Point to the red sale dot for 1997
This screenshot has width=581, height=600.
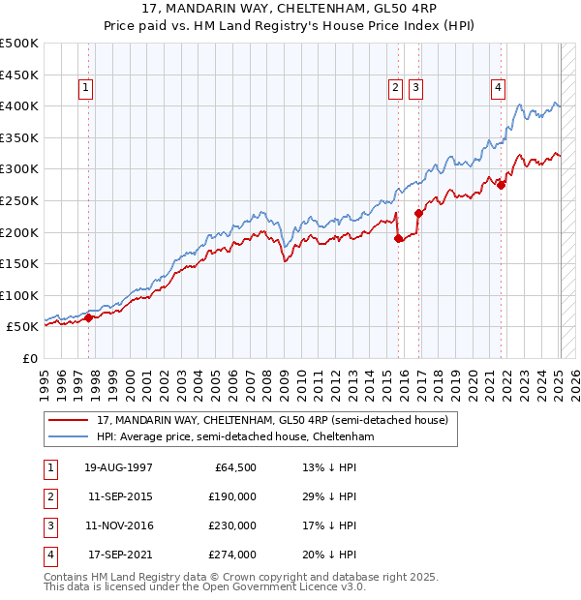[88, 317]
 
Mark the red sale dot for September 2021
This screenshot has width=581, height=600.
[502, 185]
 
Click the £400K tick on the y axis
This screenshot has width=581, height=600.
[19, 105]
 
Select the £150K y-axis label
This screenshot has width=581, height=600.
[19, 263]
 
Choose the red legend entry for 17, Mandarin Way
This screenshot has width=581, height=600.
[272, 421]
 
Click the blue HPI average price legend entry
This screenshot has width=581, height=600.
[234, 437]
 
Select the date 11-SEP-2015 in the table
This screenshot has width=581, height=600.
[120, 496]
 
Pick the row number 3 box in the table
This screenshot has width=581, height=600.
[48, 525]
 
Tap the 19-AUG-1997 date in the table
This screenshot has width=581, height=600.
[119, 467]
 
